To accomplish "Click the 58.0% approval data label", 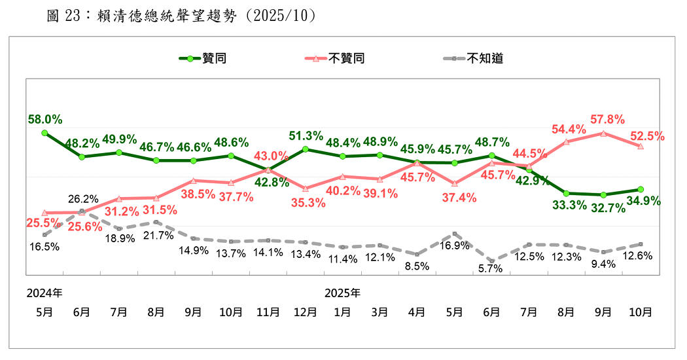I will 45,119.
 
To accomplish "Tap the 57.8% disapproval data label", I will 607,119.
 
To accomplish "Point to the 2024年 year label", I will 44,291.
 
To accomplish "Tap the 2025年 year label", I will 342,291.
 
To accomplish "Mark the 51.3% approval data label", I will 306,136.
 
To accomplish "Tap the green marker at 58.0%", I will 44,133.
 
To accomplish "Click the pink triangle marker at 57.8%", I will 603,133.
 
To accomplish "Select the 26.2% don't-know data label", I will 82,199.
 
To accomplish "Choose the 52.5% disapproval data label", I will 647,136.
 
